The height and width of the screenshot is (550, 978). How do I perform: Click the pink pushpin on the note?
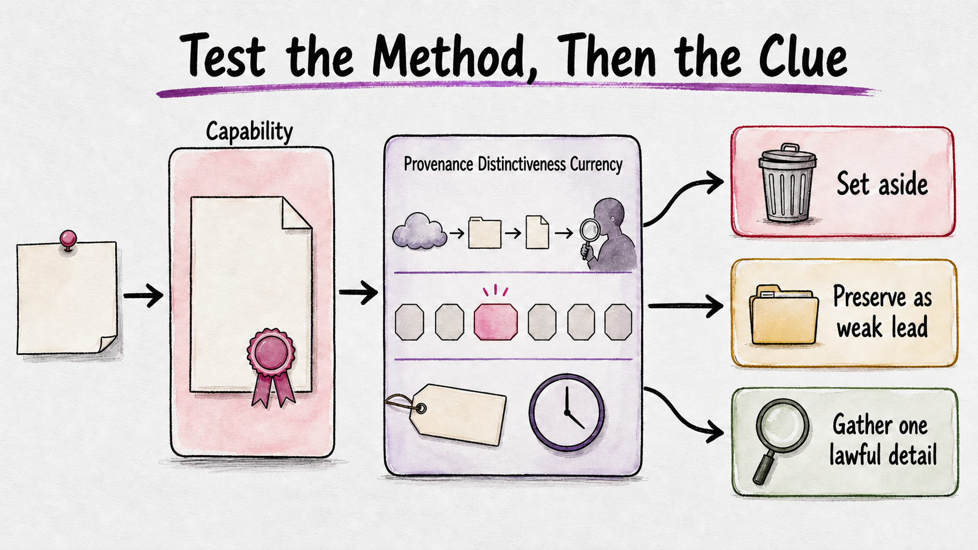(x=68, y=240)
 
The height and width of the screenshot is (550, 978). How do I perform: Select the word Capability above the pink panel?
(x=249, y=132)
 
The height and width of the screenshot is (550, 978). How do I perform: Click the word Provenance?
(x=438, y=164)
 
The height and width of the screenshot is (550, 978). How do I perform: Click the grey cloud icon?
(x=419, y=231)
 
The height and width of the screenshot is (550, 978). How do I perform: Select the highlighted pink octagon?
(x=495, y=322)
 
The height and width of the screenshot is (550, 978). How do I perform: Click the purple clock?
(x=567, y=412)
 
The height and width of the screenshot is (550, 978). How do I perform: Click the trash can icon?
(x=787, y=183)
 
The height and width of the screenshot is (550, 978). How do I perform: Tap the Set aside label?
(x=882, y=184)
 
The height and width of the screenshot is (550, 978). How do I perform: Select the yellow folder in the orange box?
(x=784, y=314)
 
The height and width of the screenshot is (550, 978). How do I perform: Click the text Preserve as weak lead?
(x=882, y=312)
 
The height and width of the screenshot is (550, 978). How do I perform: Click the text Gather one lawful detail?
(x=883, y=440)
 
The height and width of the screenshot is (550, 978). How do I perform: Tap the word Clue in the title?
(x=803, y=56)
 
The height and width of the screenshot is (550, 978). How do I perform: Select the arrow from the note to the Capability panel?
(x=143, y=296)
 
